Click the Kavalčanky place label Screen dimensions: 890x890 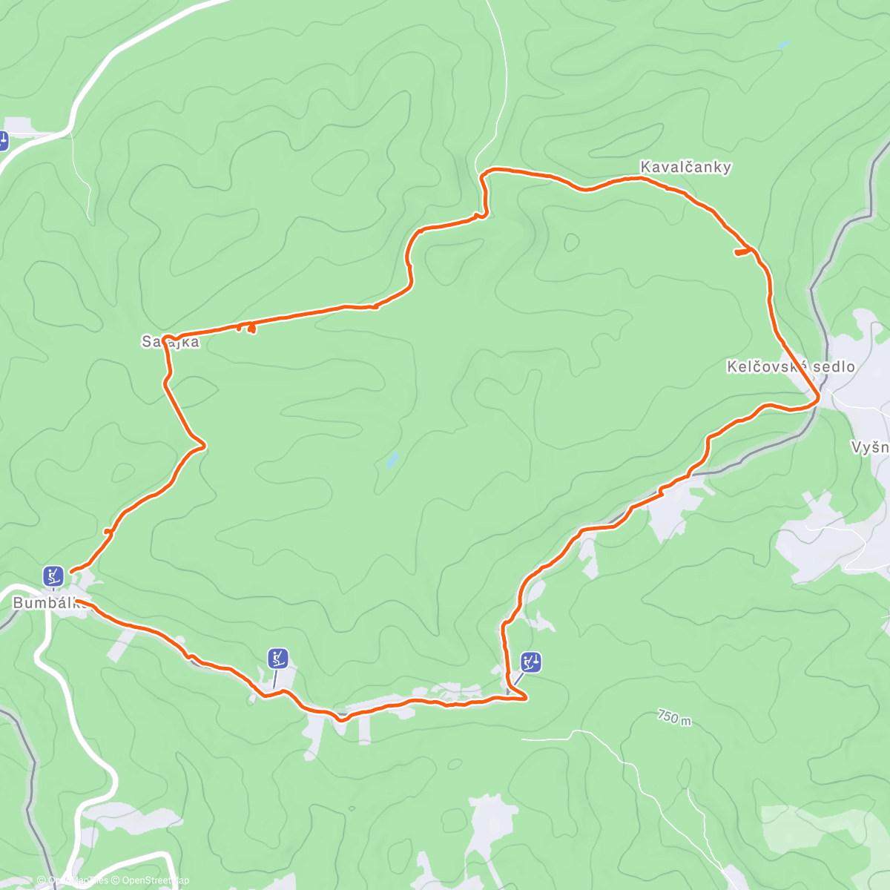(x=685, y=167)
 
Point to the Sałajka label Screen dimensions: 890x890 (x=171, y=342)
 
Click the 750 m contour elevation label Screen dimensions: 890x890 (x=673, y=717)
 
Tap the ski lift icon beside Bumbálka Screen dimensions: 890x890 (x=52, y=575)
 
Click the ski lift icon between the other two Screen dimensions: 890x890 (x=278, y=658)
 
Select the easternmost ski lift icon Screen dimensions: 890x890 (x=531, y=662)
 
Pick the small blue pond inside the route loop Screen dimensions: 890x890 (x=392, y=461)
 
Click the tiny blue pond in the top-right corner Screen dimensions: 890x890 (x=784, y=45)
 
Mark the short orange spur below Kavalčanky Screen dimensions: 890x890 (x=742, y=253)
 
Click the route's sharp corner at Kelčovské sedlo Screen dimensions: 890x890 (x=818, y=399)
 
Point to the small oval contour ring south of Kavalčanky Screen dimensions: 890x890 (x=571, y=242)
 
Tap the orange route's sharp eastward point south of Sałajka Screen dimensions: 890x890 (x=203, y=445)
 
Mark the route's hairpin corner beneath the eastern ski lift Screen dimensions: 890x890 (x=524, y=697)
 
